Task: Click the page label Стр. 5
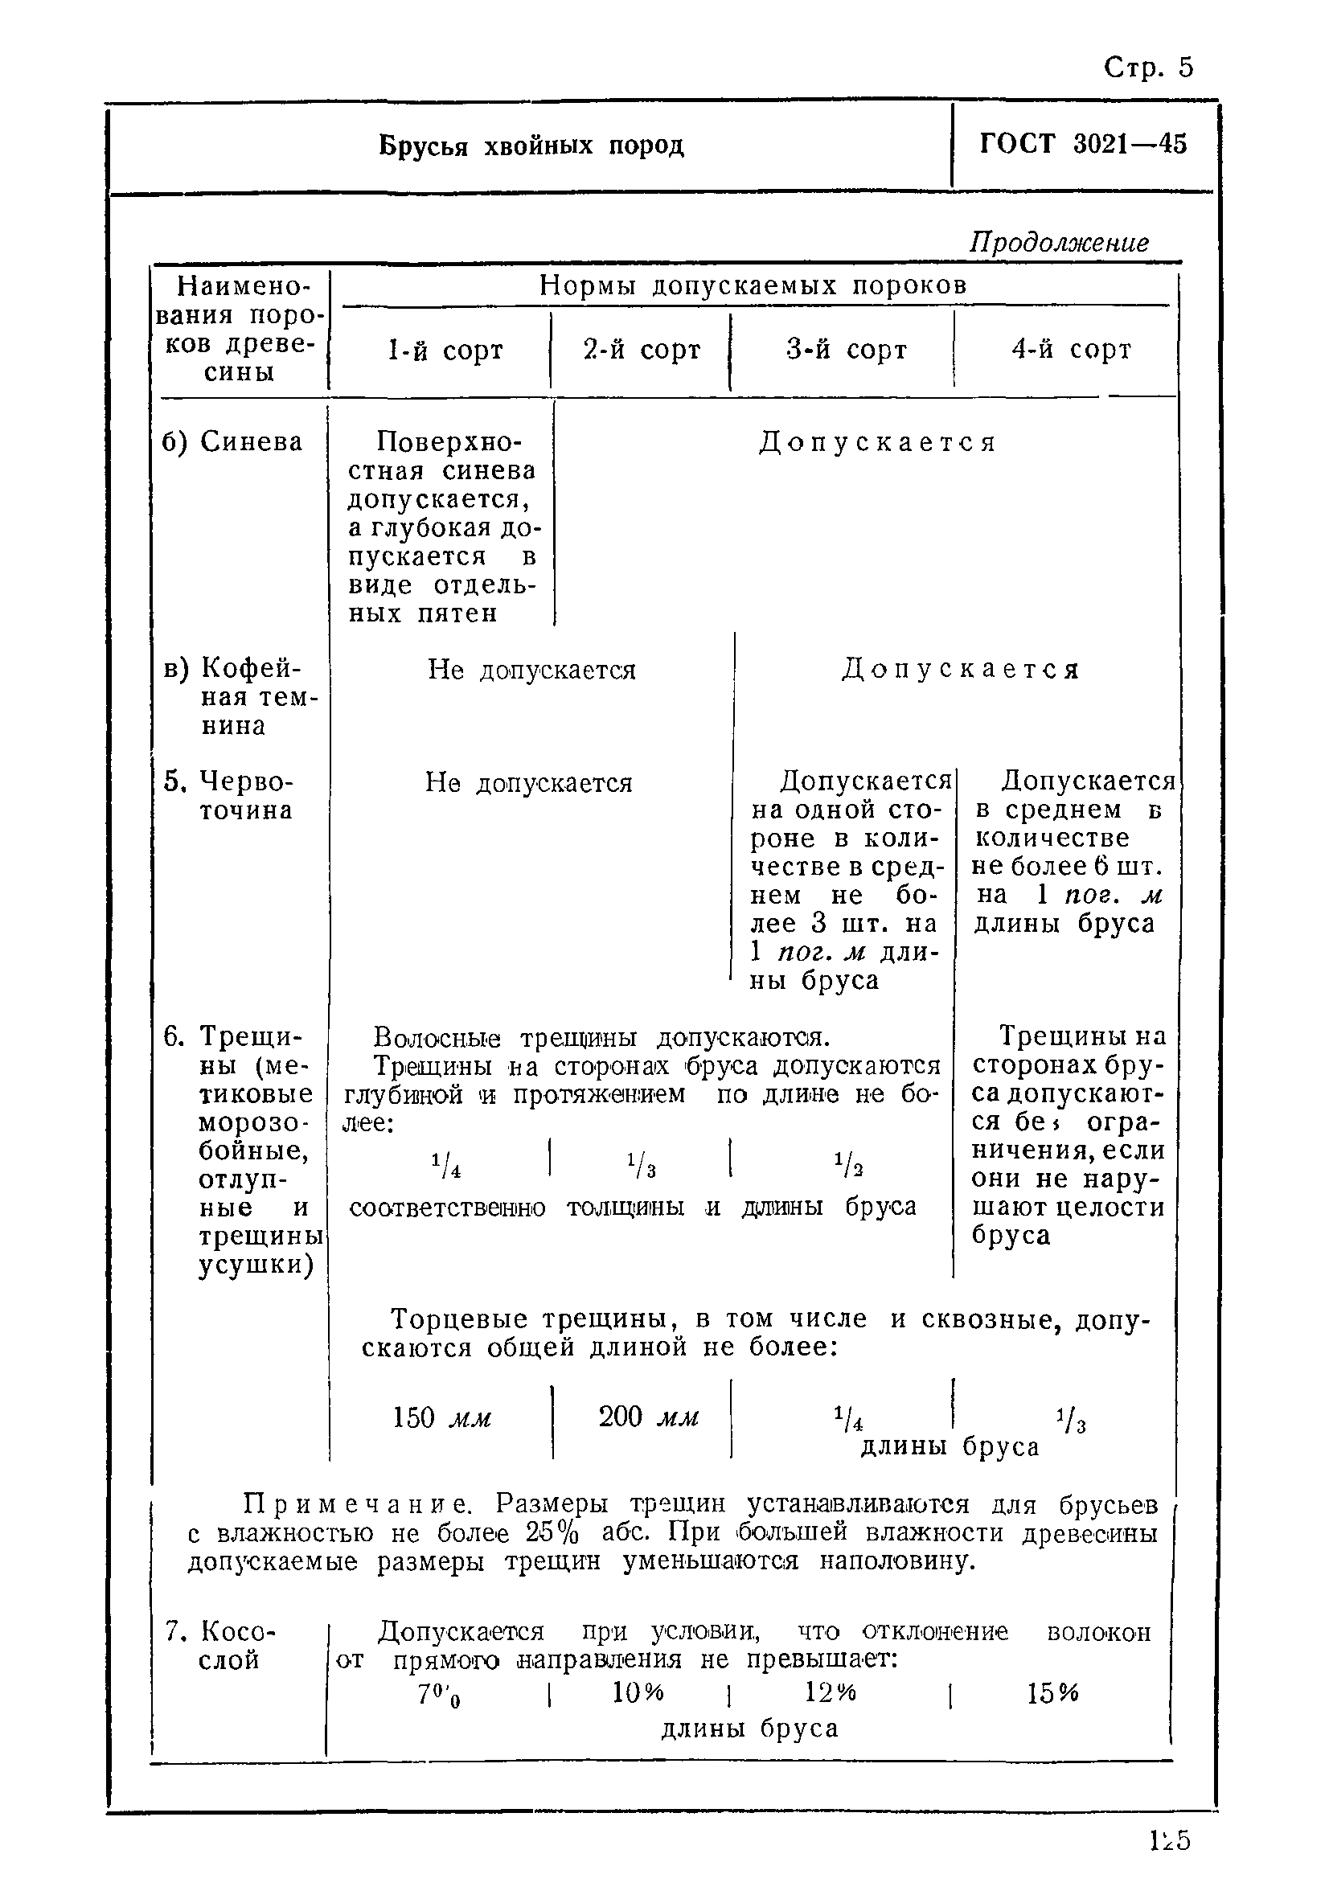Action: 1148,67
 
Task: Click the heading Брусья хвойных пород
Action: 531,146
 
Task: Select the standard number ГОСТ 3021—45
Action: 1082,144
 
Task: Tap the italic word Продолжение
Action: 1059,242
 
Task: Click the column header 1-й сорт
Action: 445,351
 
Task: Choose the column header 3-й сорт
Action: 846,350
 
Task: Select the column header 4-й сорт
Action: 1071,350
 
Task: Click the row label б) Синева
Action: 232,441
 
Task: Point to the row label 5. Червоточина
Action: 231,796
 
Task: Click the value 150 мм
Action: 441,1417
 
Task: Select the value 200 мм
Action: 648,1417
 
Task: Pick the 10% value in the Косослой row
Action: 638,1692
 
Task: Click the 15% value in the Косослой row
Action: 1052,1694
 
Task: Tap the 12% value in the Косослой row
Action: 831,1693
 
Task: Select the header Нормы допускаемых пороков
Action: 753,285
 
